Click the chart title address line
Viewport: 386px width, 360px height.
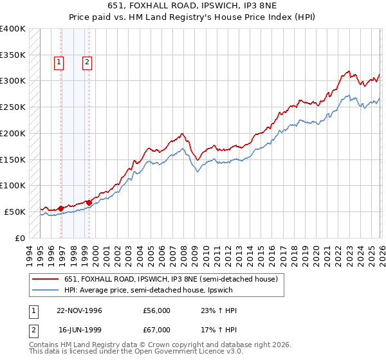point(193,6)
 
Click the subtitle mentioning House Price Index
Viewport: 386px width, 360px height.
point(193,17)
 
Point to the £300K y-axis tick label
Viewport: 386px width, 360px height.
point(12,81)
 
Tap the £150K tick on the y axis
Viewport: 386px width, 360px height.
point(12,159)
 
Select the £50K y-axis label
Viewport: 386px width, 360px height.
point(15,212)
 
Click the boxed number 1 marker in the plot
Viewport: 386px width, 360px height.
point(59,62)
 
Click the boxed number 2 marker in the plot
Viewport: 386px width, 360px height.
point(87,62)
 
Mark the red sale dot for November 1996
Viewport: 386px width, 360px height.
point(61,208)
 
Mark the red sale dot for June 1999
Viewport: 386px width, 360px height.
point(89,203)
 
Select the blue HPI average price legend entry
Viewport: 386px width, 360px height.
point(152,291)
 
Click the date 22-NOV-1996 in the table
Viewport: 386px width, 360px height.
point(80,310)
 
